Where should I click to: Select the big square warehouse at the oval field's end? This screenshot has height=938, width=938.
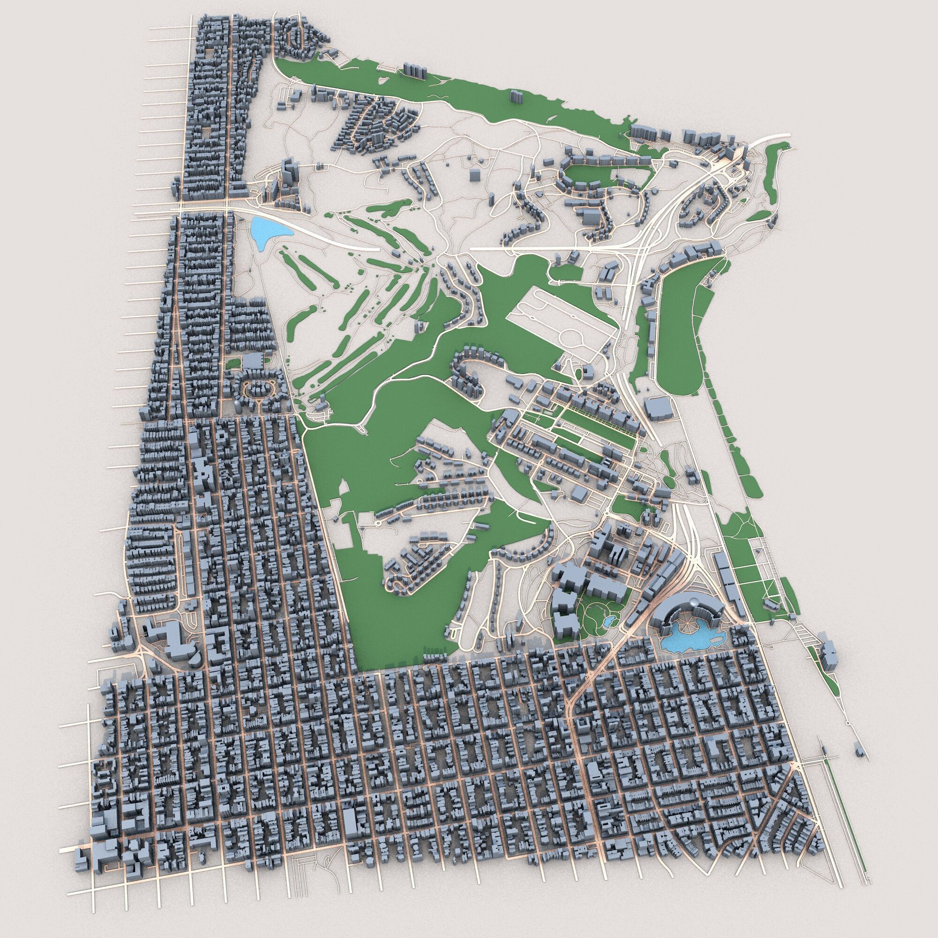point(658,406)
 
